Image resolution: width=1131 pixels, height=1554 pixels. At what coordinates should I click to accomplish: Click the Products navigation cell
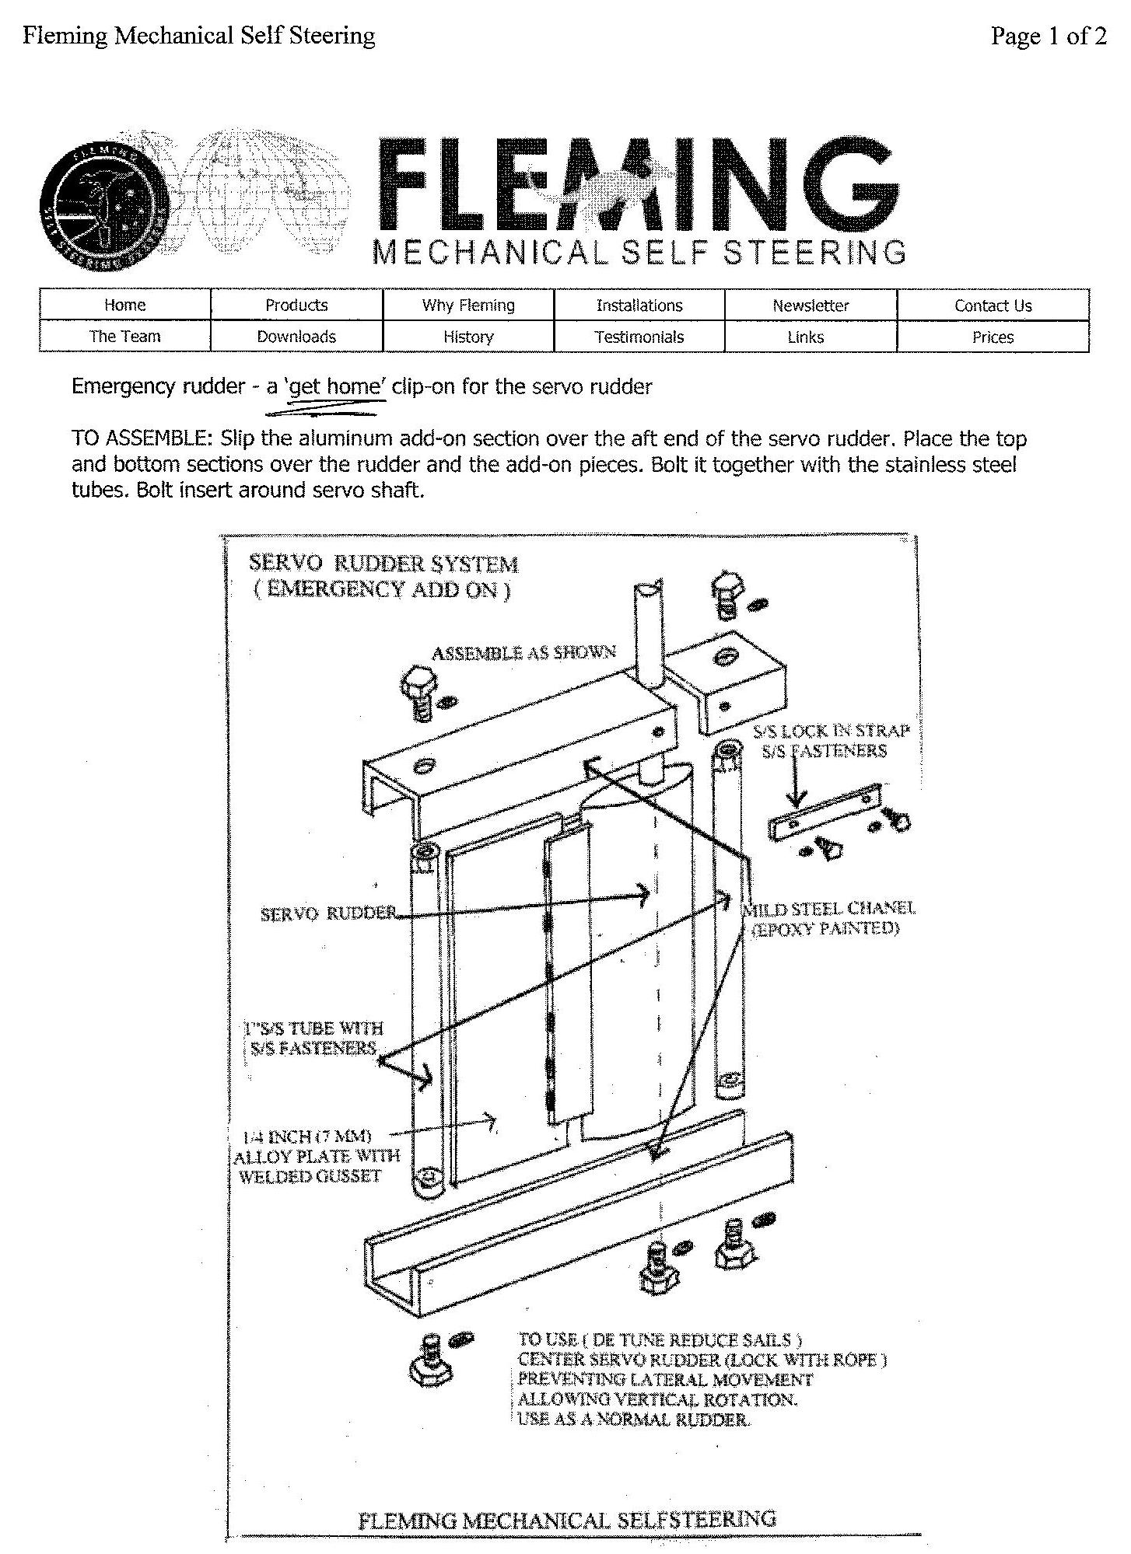(296, 306)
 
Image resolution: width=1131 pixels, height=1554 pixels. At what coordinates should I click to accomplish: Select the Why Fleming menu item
(468, 306)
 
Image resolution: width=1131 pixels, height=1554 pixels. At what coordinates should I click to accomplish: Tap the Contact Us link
(993, 306)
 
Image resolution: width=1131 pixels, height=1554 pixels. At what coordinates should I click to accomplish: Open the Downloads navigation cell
(296, 337)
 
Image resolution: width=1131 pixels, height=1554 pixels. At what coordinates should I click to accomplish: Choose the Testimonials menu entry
(639, 337)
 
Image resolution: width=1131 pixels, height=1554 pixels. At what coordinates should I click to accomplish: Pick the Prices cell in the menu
(993, 337)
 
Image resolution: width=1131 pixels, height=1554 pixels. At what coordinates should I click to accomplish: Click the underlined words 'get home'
(335, 386)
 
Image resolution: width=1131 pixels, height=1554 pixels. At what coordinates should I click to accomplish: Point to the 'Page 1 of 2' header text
(1048, 36)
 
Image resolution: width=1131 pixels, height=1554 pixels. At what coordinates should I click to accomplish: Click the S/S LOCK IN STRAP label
(831, 731)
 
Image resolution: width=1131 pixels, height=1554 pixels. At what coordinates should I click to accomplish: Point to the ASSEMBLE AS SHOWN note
(523, 652)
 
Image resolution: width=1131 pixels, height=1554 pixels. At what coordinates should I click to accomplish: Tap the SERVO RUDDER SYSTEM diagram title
(383, 564)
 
